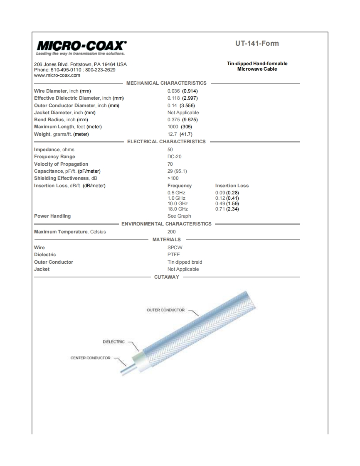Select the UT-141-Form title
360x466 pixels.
[257, 44]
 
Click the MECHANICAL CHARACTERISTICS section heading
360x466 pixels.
[166, 83]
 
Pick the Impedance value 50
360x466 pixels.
[170, 150]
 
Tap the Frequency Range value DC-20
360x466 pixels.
[174, 157]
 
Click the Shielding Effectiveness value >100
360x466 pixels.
[173, 178]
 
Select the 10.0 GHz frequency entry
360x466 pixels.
[178, 204]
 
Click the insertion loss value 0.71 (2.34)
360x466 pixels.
[227, 209]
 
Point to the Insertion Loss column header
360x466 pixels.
[232, 186]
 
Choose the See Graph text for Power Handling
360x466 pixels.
[179, 216]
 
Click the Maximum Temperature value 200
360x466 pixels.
[171, 232]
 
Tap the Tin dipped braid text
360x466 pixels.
[185, 262]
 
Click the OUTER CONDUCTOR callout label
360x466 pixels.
[165, 310]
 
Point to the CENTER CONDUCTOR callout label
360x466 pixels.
[90, 358]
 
